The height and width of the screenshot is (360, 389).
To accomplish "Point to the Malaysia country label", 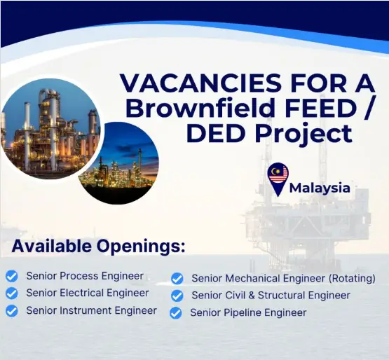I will (320, 188).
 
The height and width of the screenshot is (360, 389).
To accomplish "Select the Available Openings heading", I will (98, 247).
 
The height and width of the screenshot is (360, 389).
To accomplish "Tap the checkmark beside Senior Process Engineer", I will (12, 276).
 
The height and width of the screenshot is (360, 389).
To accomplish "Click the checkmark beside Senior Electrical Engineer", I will (12, 293).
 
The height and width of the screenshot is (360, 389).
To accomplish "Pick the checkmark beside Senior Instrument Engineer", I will (12, 310).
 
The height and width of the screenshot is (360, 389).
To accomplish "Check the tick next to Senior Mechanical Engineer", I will (177, 279).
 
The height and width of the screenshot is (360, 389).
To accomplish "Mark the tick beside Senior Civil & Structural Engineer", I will (177, 296).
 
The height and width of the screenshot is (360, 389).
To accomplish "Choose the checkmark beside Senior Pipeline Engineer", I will (176, 313).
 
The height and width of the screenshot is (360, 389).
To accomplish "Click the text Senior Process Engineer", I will (84, 276).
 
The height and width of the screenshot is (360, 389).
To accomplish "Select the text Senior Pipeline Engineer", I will (248, 313).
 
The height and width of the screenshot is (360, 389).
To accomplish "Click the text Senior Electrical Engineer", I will (87, 293).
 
